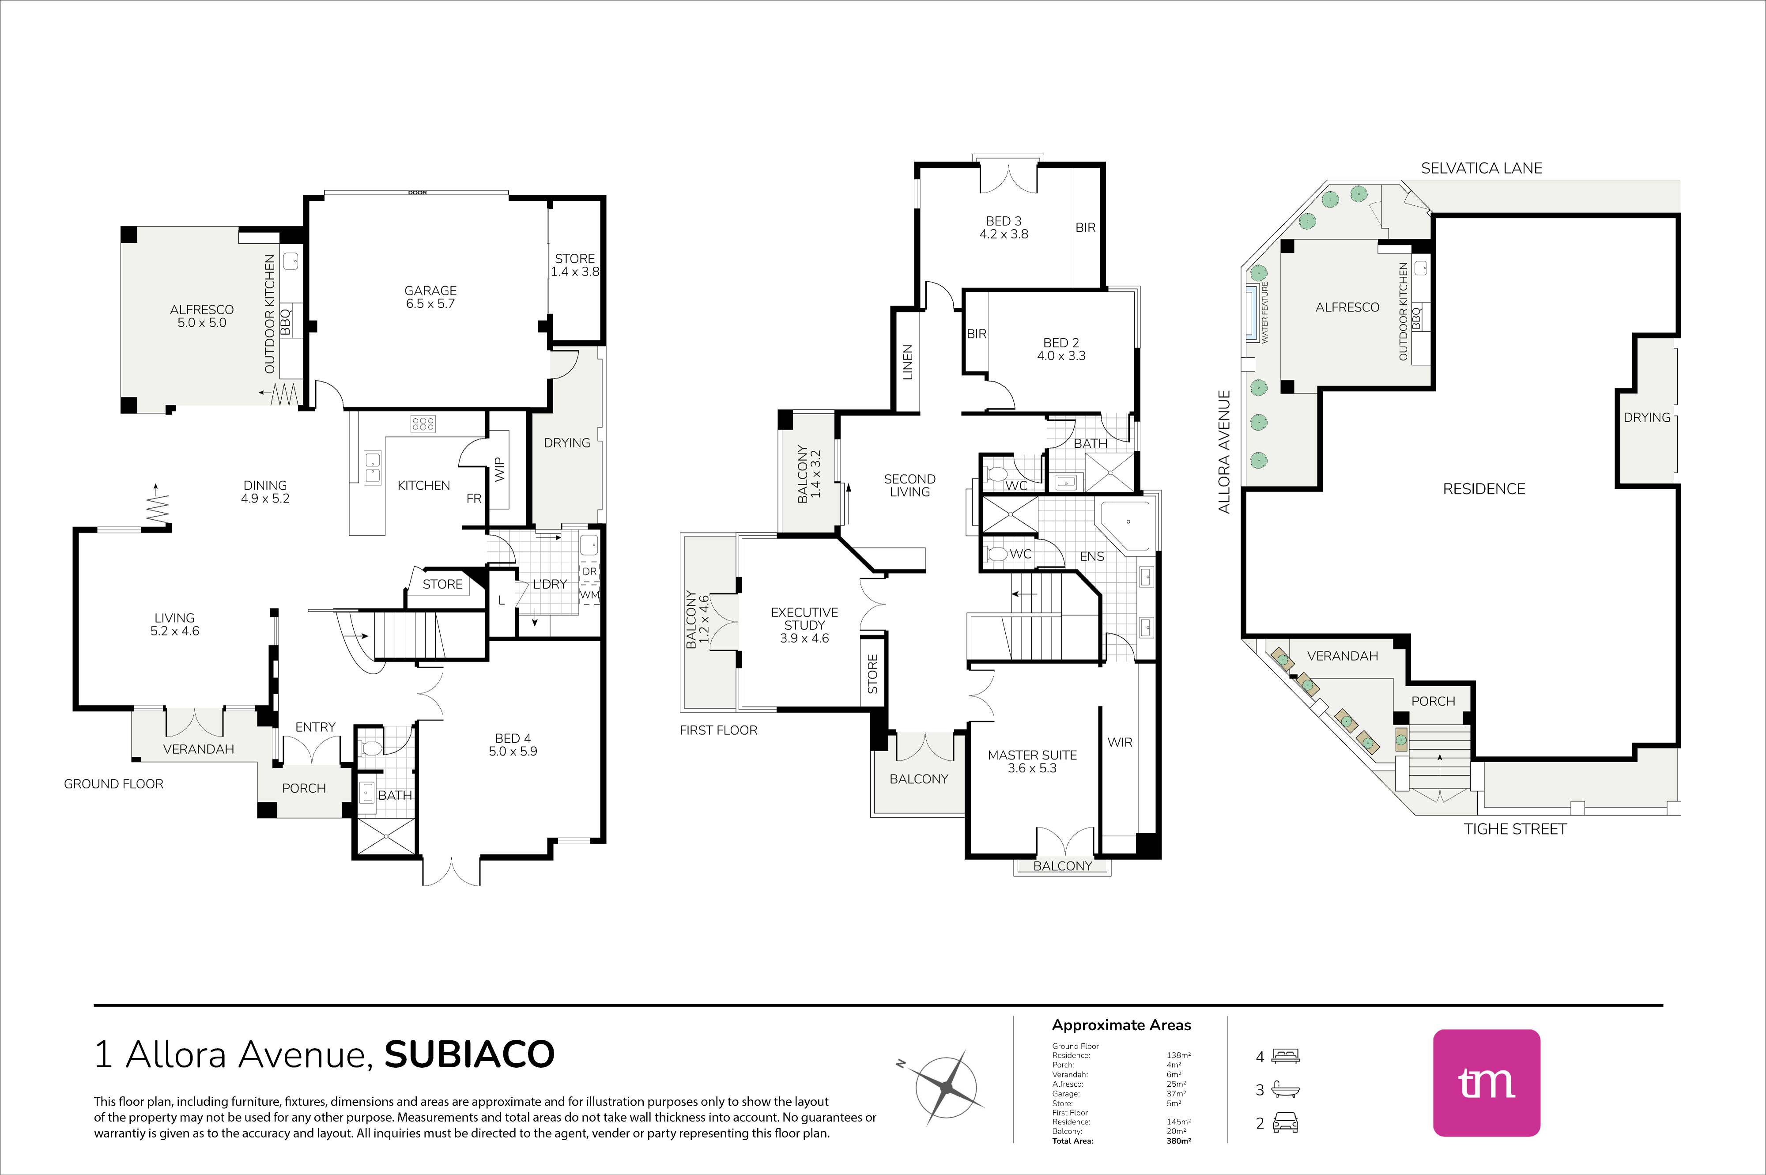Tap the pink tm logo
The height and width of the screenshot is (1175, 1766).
(x=1487, y=1083)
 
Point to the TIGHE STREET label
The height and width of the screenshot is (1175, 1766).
(x=1515, y=829)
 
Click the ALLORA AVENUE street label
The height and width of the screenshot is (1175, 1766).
(x=1224, y=452)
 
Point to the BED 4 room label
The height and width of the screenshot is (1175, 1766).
(x=513, y=738)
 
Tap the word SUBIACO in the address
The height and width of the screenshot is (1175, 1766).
(x=470, y=1054)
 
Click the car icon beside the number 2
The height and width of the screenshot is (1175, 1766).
(x=1286, y=1122)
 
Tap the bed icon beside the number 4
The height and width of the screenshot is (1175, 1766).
(x=1286, y=1056)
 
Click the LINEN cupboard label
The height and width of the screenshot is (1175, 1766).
(x=907, y=362)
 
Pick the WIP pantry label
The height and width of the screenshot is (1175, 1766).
(x=499, y=469)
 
